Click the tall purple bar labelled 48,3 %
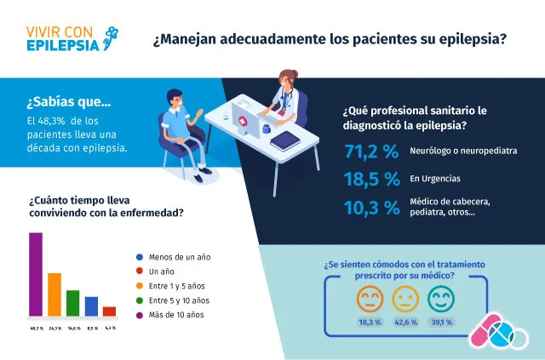click(35, 273)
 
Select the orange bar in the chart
click(54, 294)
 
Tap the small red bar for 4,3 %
click(109, 311)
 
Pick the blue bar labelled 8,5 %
click(91, 306)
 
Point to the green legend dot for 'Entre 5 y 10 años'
click(140, 300)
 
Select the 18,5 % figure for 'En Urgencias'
click(371, 180)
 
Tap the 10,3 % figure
click(371, 206)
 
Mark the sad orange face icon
click(369, 298)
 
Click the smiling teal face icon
click(441, 298)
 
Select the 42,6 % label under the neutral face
click(404, 323)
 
